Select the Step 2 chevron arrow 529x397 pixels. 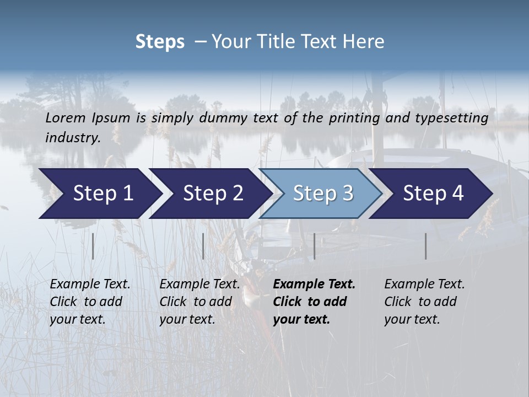(x=213, y=194)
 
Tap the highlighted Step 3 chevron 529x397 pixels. (x=323, y=194)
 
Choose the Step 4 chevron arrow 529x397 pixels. (x=433, y=194)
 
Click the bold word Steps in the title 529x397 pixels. (x=160, y=41)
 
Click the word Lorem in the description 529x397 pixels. (x=66, y=117)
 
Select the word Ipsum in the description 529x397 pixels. (x=111, y=117)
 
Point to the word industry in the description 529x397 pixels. (x=72, y=137)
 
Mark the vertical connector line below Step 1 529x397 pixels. (x=93, y=246)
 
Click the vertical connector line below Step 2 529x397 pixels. (x=203, y=246)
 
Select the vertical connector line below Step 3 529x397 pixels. (x=314, y=246)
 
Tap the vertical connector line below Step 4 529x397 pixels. (x=425, y=246)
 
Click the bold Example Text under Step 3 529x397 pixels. (x=314, y=285)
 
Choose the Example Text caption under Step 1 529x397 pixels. (x=90, y=285)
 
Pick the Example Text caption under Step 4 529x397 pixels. (x=424, y=285)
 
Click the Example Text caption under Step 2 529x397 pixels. (x=199, y=285)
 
